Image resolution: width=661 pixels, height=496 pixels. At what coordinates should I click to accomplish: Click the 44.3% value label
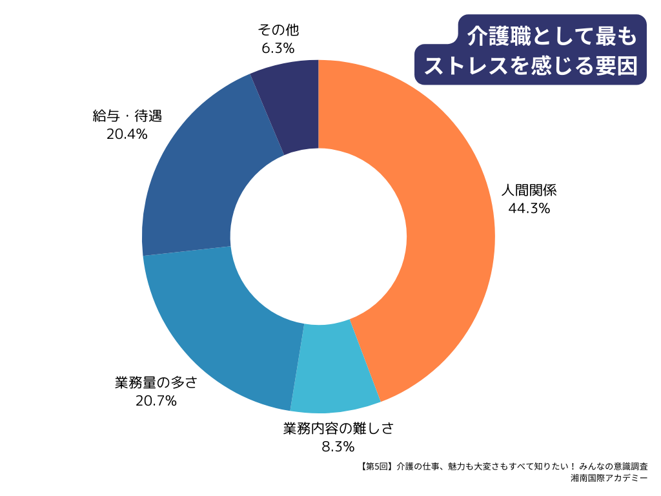529,208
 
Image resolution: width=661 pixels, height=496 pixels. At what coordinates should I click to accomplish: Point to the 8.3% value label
338,446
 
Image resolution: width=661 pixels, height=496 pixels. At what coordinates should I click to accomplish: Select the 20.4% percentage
127,134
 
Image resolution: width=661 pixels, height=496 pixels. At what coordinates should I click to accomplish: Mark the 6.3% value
278,48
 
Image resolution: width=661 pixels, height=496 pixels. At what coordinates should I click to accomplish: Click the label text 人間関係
529,191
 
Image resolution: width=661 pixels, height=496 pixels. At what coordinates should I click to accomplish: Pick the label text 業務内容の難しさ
338,428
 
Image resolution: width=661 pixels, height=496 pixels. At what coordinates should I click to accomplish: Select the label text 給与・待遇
127,117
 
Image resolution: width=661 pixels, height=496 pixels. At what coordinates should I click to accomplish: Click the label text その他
278,30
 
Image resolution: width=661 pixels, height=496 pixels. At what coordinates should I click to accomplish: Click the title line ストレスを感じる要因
531,65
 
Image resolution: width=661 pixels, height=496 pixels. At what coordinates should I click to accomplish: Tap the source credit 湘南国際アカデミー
609,479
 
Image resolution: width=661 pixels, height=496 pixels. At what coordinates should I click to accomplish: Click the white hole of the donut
318,236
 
